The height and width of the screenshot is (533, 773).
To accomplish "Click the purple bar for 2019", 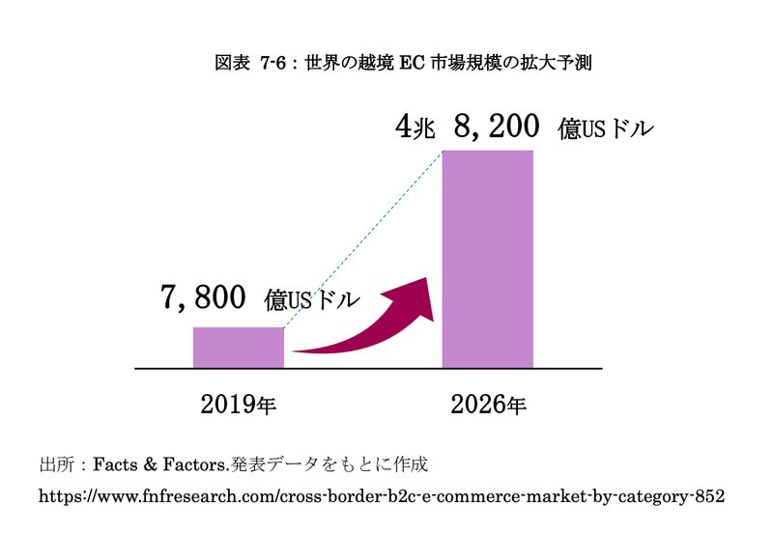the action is tap(239, 348).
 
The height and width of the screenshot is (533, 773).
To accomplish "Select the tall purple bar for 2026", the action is tap(488, 259).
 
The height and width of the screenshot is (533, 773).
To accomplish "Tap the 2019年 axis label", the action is tap(239, 405).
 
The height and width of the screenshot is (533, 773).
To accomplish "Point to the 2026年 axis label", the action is tap(489, 405).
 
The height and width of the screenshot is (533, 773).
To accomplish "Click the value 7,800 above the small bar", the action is tap(203, 296).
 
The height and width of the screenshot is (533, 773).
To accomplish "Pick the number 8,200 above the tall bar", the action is tap(497, 126).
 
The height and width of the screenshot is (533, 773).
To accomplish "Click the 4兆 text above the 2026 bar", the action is tap(415, 126).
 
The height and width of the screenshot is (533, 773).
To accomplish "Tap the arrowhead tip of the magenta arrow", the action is tap(427, 278).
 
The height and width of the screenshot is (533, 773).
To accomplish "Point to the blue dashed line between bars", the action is tap(364, 238).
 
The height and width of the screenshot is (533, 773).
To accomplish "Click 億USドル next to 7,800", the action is tap(311, 299).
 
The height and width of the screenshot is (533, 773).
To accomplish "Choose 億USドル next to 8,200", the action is tap(606, 128).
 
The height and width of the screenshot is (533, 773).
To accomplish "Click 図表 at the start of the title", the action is tap(232, 63).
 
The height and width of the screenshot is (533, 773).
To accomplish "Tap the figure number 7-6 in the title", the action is tap(273, 64).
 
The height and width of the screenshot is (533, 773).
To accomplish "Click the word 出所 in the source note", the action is tap(57, 464).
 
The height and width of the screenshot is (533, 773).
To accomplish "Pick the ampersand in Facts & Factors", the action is tap(151, 464).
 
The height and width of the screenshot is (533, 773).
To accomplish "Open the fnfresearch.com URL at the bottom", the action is tap(382, 496).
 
